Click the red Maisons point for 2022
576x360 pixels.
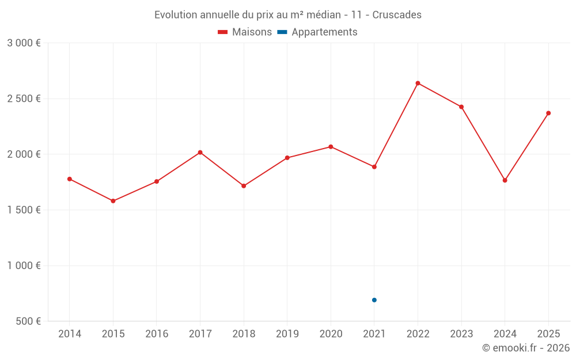tap(418, 83)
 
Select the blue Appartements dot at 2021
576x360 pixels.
tap(374, 300)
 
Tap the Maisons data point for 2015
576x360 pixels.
tap(113, 201)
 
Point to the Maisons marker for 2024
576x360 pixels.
tap(505, 180)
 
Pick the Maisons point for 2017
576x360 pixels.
tap(200, 152)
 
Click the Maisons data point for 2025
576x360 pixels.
tap(548, 113)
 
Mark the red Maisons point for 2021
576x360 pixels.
tap(374, 167)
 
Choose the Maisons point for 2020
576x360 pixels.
tap(331, 147)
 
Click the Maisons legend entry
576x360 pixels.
tap(245, 32)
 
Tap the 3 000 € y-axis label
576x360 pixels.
tap(24, 43)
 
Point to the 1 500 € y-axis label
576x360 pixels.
tap(24, 210)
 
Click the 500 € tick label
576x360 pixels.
tap(28, 321)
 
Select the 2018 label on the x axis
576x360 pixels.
tap(244, 334)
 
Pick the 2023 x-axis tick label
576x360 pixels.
tap(461, 334)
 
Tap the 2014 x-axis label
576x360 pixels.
tap(70, 334)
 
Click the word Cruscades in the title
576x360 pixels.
tap(397, 15)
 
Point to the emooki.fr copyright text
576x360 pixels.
tap(526, 348)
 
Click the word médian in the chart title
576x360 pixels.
tap(324, 15)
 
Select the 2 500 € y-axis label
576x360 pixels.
tap(24, 98)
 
